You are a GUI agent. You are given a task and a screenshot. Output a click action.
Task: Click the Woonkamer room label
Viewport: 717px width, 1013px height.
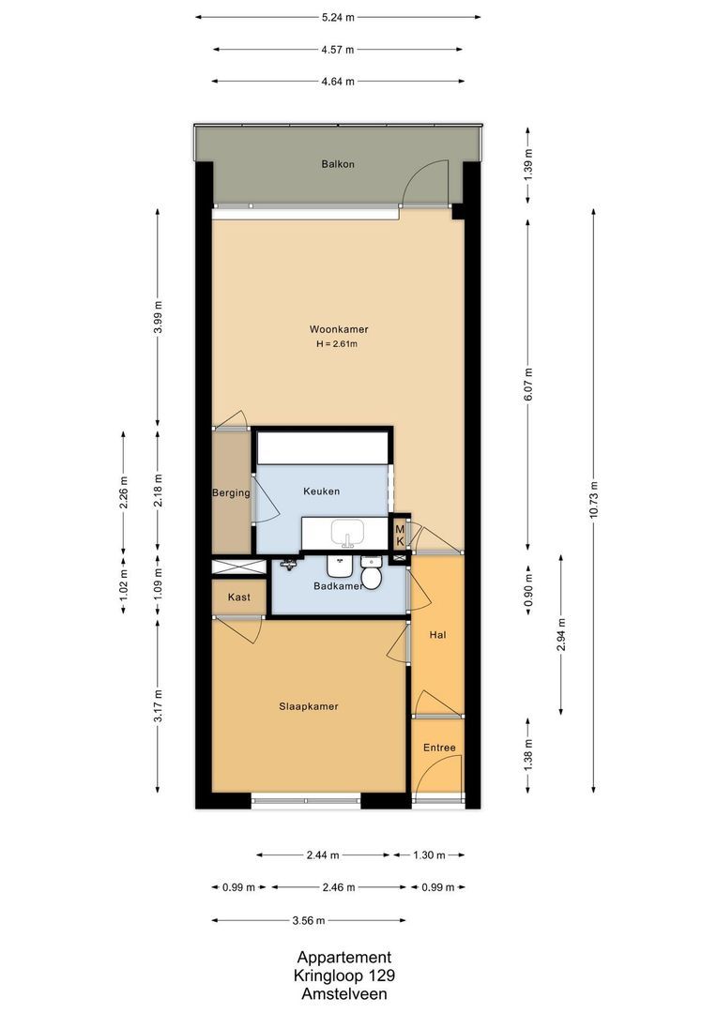pyautogui.click(x=338, y=329)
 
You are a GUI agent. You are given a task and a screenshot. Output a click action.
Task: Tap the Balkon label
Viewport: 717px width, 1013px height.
pyautogui.click(x=338, y=164)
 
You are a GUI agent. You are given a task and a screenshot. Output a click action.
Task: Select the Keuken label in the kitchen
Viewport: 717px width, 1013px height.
pyautogui.click(x=321, y=491)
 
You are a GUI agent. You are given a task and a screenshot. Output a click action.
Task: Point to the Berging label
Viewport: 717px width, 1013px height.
pyautogui.click(x=231, y=493)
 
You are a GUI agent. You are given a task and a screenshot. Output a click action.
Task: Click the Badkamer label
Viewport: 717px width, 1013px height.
pyautogui.click(x=338, y=586)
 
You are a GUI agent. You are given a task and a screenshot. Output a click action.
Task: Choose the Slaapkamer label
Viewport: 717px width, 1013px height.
pyautogui.click(x=308, y=706)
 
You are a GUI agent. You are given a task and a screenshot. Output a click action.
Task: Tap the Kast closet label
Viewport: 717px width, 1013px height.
pyautogui.click(x=238, y=597)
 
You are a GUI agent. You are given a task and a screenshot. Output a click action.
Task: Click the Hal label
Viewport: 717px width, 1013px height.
pyautogui.click(x=436, y=635)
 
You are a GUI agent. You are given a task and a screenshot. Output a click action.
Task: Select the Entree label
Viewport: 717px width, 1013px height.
pyautogui.click(x=438, y=748)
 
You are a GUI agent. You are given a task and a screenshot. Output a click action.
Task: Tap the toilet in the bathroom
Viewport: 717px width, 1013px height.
pyautogui.click(x=372, y=575)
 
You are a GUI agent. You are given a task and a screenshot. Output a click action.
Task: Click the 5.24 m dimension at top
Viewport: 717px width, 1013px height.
pyautogui.click(x=338, y=17)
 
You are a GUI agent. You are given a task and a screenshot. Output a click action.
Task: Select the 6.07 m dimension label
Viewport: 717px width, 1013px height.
pyautogui.click(x=528, y=380)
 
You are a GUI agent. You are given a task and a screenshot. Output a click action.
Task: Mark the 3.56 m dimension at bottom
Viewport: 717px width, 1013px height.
pyautogui.click(x=308, y=920)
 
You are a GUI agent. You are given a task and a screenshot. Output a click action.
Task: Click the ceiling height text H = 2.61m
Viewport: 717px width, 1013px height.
pyautogui.click(x=338, y=344)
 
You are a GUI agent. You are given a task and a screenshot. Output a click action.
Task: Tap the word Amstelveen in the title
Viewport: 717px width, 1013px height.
pyautogui.click(x=343, y=994)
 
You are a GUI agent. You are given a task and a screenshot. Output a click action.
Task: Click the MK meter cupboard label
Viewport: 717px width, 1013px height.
pyautogui.click(x=400, y=536)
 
